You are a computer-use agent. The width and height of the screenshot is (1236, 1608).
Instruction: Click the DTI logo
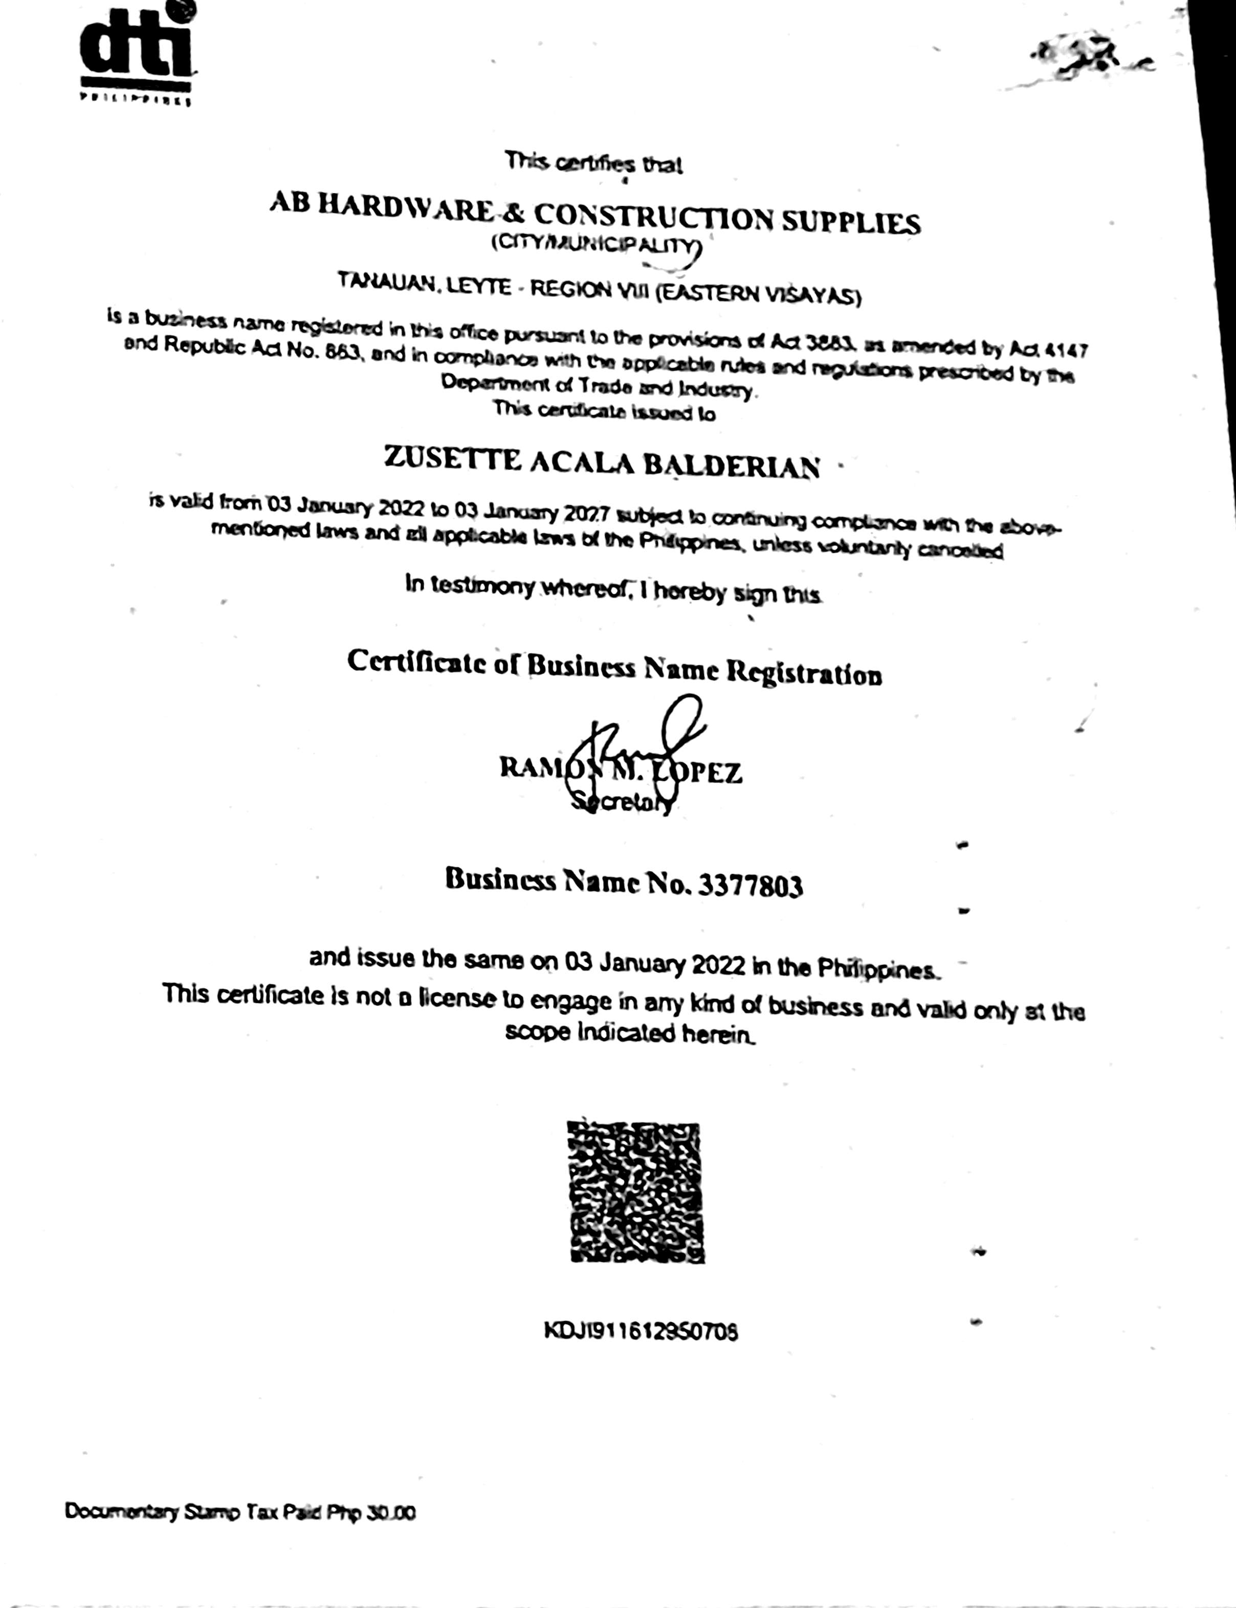(x=137, y=52)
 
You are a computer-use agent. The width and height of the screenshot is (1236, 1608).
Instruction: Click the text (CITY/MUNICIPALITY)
(x=596, y=245)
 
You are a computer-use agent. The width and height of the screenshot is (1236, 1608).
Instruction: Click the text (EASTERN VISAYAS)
(x=758, y=294)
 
